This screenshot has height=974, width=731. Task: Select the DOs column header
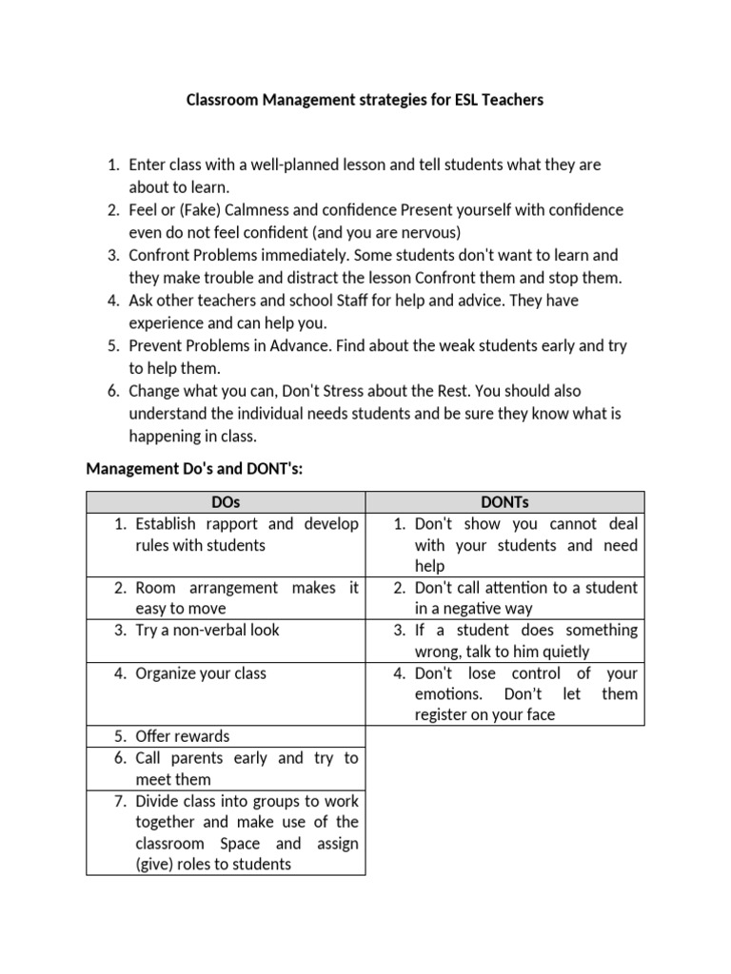[227, 502]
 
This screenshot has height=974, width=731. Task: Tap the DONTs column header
[505, 502]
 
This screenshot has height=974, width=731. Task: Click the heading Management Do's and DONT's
[194, 468]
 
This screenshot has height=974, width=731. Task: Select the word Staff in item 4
[364, 300]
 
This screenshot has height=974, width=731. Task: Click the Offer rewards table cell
[183, 736]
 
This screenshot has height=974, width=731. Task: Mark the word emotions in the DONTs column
[446, 694]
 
